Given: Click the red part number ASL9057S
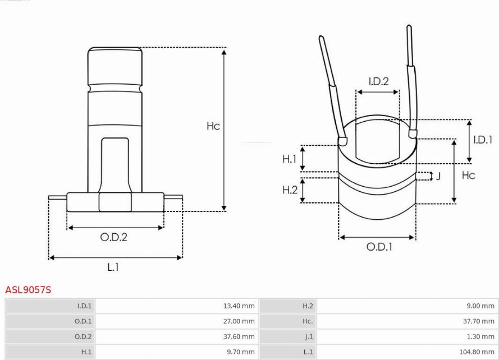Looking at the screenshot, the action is coord(28,290).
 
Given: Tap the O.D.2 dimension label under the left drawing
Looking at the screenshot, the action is coord(113,237).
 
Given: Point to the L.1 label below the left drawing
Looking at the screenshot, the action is coord(113,267).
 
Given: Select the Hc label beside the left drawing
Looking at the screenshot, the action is coord(213,126).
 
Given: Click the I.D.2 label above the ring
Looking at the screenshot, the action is coord(379,81).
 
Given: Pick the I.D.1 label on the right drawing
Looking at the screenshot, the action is coord(483,140).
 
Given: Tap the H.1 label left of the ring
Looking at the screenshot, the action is coord(289,159).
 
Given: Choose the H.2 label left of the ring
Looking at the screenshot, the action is coord(290,190).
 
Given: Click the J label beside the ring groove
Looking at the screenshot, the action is coord(438,176).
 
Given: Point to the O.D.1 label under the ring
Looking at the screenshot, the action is coord(379,247).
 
